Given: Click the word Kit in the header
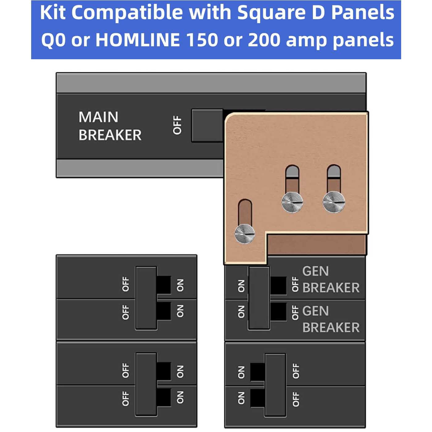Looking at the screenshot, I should (x=53, y=13).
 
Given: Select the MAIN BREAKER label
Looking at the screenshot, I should (x=110, y=126).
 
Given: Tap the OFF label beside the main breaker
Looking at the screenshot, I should (x=177, y=125).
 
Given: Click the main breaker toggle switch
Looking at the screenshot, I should (x=207, y=126).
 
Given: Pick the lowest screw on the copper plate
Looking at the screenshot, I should (x=245, y=234).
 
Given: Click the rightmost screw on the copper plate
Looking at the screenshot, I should (x=334, y=202).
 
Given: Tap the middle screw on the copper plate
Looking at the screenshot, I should (x=292, y=202).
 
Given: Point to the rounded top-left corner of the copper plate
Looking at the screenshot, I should (x=230, y=118).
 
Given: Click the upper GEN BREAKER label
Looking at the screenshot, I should (x=330, y=280).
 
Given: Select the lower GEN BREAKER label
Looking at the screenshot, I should (x=330, y=319).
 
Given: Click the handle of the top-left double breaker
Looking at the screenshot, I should (x=146, y=298).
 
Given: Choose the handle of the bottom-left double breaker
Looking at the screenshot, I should (x=146, y=384).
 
